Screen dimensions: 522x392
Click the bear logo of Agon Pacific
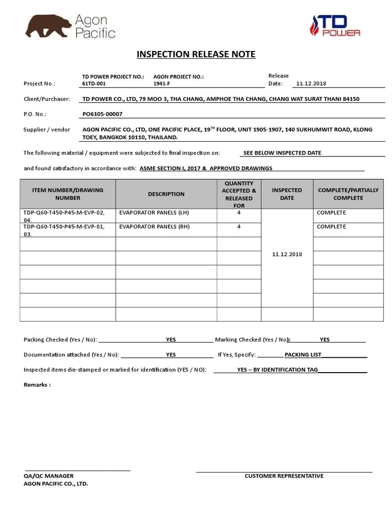pyautogui.click(x=49, y=27)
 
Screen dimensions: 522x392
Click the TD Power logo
pyautogui.click(x=335, y=25)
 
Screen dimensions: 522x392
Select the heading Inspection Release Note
pyautogui.click(x=195, y=55)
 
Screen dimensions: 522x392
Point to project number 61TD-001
pyautogui.click(x=94, y=84)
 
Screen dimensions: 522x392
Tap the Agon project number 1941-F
pyautogui.click(x=162, y=84)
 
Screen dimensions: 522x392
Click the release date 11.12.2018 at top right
pyautogui.click(x=311, y=84)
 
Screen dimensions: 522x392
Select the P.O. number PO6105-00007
pyautogui.click(x=102, y=114)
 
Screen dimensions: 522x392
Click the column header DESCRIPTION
pyautogui.click(x=166, y=194)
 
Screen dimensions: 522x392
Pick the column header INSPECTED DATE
pyautogui.click(x=287, y=194)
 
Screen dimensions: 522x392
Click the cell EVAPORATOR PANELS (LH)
pyautogui.click(x=146, y=213)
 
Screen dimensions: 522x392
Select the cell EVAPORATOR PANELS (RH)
pyautogui.click(x=147, y=227)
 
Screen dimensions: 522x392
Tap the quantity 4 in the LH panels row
pyautogui.click(x=239, y=213)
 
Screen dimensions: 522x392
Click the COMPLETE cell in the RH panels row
pyautogui.click(x=331, y=227)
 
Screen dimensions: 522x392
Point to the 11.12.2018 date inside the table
pyautogui.click(x=287, y=254)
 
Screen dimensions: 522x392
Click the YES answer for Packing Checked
pyautogui.click(x=170, y=340)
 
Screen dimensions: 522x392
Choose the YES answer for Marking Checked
pyautogui.click(x=325, y=340)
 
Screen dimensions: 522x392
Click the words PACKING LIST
pyautogui.click(x=303, y=355)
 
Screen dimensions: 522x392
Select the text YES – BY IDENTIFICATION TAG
pyautogui.click(x=278, y=370)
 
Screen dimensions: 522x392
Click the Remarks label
pyautogui.click(x=37, y=385)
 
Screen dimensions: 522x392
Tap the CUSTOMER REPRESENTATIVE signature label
pyautogui.click(x=284, y=476)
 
